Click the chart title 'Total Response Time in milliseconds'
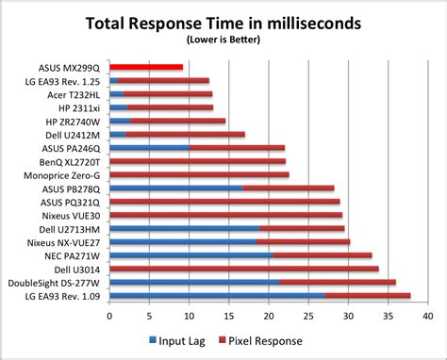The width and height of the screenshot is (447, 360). click(223, 22)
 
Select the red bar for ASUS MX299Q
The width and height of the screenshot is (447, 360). click(146, 68)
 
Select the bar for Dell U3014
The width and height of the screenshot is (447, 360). click(244, 269)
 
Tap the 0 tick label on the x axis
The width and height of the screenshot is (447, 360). click(110, 315)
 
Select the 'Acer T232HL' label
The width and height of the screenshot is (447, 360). click(76, 95)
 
